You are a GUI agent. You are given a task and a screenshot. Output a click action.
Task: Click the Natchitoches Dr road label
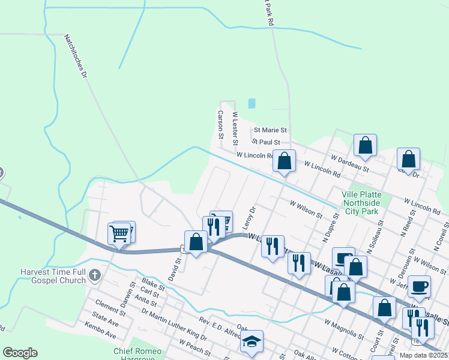pos(76,56)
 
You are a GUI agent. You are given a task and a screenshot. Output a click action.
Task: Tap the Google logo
pos(20,353)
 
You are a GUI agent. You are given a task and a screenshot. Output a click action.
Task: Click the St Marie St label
pos(270,130)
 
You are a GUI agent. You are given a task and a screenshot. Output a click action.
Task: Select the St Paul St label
pos(266,142)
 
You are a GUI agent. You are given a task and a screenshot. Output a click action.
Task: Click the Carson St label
pos(220,125)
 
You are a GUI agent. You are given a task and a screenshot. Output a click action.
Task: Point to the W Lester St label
pos(235,127)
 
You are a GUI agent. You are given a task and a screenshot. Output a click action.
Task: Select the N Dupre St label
pos(331,222)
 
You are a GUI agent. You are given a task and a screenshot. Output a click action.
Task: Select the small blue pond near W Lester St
pos(252,103)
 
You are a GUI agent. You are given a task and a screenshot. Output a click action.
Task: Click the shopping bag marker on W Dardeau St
pos(365,145)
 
